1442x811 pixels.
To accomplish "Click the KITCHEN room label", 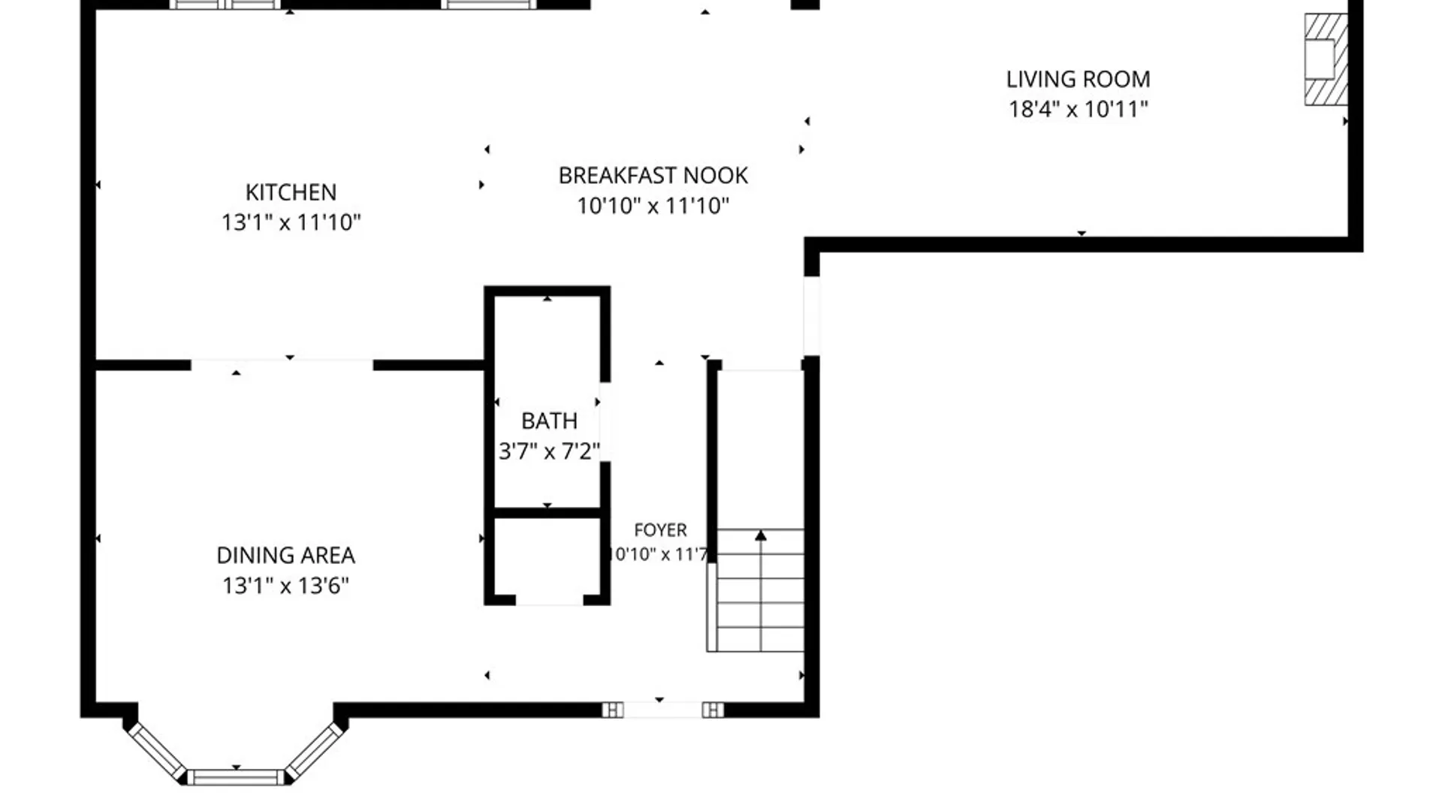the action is [x=291, y=192].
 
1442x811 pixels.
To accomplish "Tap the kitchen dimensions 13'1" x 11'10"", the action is [x=291, y=222].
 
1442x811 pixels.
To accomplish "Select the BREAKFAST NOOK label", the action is [x=653, y=176].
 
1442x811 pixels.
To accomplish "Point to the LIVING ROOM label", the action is [x=1078, y=80].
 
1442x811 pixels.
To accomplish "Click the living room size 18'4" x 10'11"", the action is [x=1078, y=110].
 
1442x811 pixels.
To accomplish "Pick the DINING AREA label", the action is [x=285, y=556].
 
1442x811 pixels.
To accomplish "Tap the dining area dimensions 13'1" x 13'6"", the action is [x=285, y=586].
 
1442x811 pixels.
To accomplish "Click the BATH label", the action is [x=549, y=421].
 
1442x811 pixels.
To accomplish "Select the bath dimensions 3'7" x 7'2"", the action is [x=549, y=451].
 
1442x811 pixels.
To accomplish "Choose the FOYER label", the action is [x=660, y=530].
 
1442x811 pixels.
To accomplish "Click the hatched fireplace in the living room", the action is [x=1326, y=59].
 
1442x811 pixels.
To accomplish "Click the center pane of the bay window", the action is [x=236, y=777].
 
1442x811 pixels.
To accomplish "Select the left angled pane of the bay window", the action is [x=156, y=751].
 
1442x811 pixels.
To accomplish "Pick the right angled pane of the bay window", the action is [x=315, y=751].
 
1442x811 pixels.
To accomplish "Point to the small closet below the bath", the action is [x=548, y=557].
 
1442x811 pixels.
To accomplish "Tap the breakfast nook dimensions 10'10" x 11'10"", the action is [x=653, y=206].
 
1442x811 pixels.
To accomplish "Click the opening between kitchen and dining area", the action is [x=282, y=366].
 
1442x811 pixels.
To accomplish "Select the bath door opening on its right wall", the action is [x=605, y=422].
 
